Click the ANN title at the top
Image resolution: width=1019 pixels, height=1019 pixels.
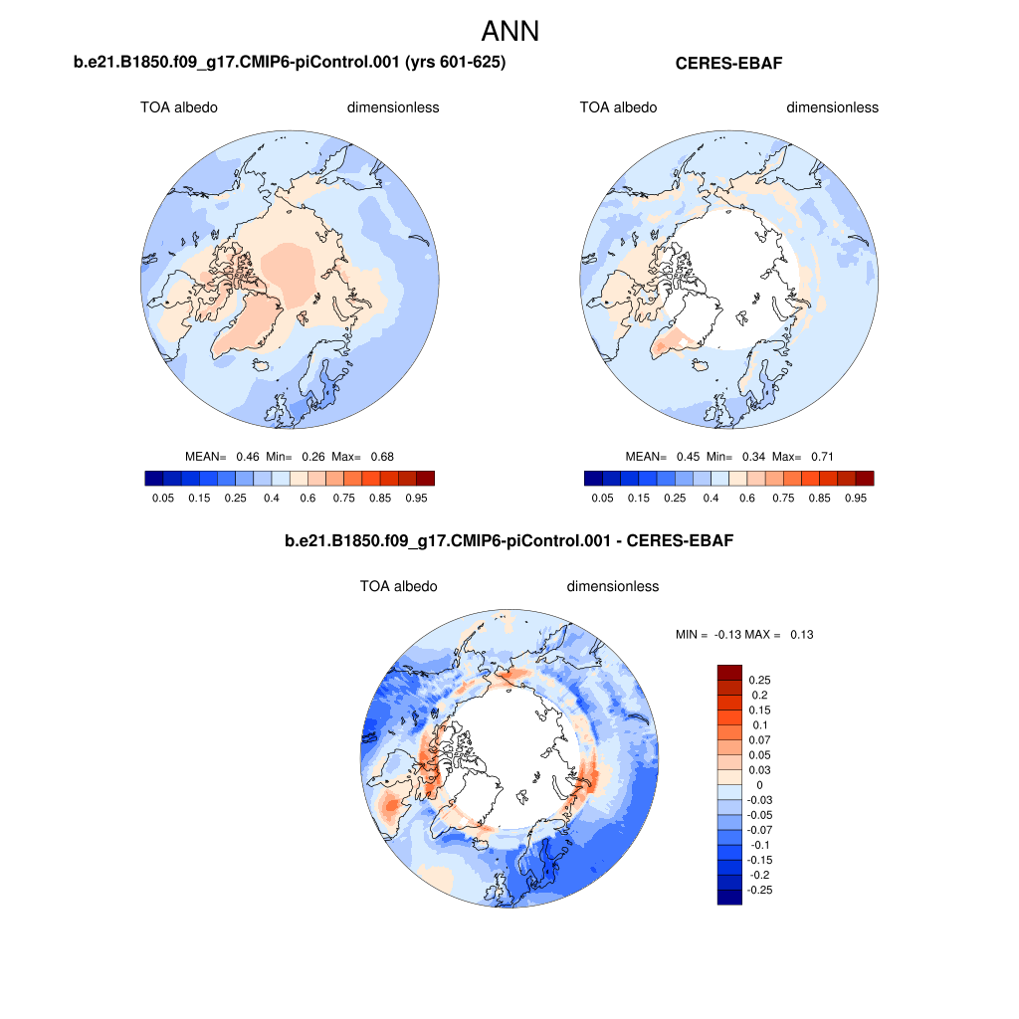tap(509, 31)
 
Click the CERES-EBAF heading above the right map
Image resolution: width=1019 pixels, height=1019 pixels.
tap(729, 64)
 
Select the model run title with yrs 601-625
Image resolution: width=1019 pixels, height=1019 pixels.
tap(290, 64)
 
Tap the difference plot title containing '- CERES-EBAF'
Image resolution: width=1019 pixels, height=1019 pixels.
tap(509, 541)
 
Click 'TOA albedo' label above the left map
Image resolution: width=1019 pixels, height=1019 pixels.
tap(178, 107)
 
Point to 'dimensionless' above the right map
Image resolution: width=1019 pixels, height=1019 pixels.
tap(832, 107)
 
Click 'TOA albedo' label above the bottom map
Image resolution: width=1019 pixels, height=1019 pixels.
tap(398, 586)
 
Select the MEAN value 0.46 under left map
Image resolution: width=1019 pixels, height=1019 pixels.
tap(247, 456)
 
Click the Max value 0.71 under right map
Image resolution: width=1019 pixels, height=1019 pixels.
tap(821, 456)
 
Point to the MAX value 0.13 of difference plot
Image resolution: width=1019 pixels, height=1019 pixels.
tap(801, 634)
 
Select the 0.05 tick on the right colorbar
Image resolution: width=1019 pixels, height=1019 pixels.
tap(602, 497)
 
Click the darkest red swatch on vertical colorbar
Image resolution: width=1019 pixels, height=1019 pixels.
tap(729, 672)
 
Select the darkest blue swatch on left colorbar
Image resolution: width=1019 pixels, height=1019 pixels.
tap(153, 478)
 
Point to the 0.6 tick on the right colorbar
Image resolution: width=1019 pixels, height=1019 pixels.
tap(747, 497)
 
